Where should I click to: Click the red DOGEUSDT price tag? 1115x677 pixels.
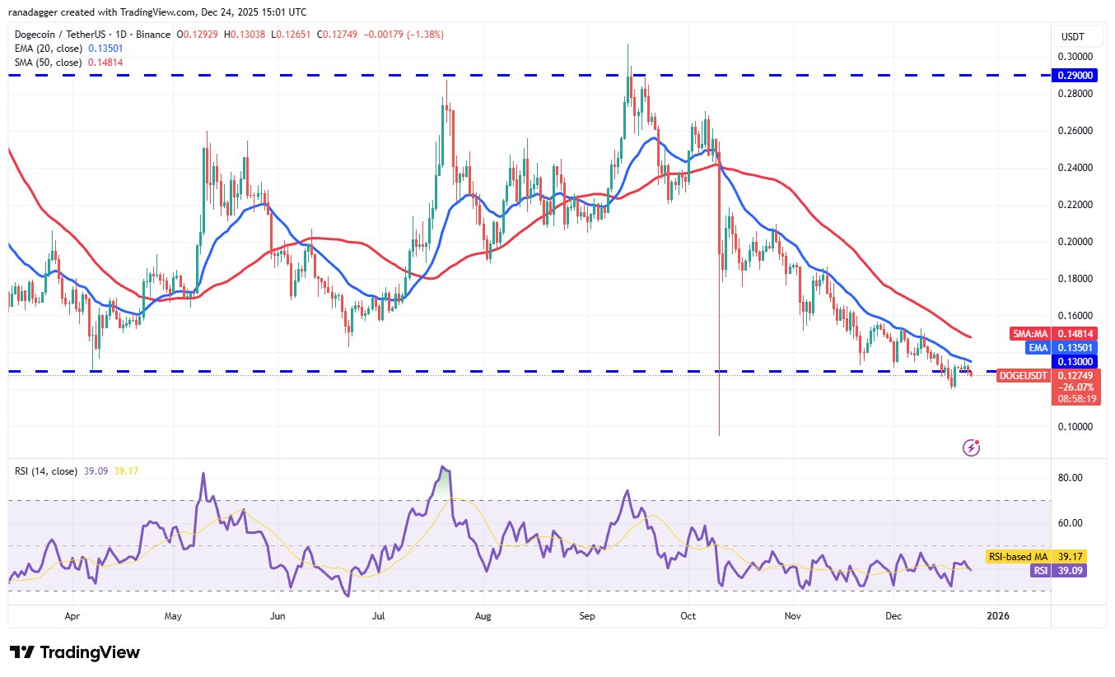click(1024, 375)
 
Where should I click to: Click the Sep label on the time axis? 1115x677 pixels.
click(587, 615)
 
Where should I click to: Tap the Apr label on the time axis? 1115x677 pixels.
click(72, 615)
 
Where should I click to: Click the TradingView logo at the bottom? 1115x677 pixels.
click(75, 652)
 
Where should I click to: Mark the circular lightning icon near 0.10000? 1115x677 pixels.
click(972, 447)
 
